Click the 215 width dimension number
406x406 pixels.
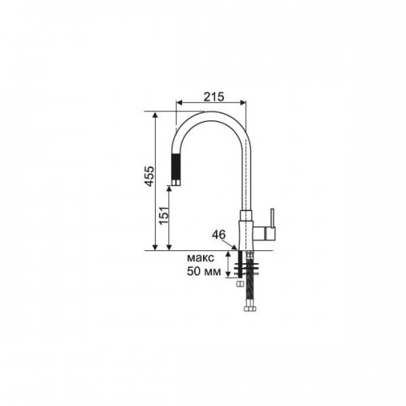[x=214, y=97]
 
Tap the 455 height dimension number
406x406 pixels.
[x=149, y=176]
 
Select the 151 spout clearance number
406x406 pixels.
[x=164, y=216]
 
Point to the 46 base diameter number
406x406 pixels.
[x=218, y=235]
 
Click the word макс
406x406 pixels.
[x=201, y=257]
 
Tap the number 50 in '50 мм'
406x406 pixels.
[x=193, y=271]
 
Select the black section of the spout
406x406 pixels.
[x=176, y=166]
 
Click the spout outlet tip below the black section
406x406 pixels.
[x=176, y=183]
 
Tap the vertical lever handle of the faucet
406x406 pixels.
[x=273, y=218]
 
